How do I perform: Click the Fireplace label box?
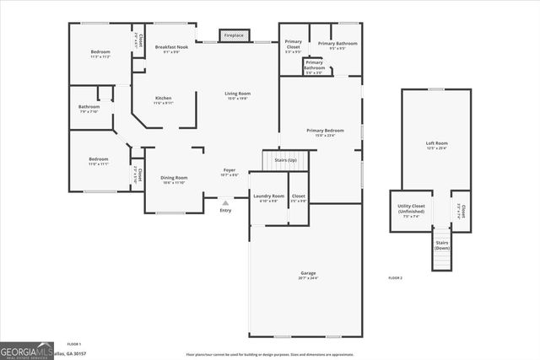[x=235, y=35]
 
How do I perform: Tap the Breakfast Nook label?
[x=171, y=49]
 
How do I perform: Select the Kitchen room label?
[x=164, y=100]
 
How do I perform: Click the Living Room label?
[x=237, y=95]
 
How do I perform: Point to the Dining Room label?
[x=175, y=180]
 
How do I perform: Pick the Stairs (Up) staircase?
[x=281, y=160]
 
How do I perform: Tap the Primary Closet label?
[x=293, y=44]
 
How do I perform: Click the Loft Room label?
[x=436, y=146]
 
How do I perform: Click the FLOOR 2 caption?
[x=395, y=277]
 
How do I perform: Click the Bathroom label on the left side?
[x=89, y=109]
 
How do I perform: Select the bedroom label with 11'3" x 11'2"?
[x=100, y=54]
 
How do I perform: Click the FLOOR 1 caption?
[x=73, y=344]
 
